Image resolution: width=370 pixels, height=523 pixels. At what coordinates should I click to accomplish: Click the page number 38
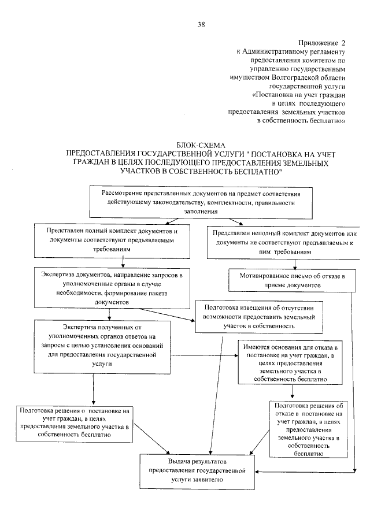pos(201,24)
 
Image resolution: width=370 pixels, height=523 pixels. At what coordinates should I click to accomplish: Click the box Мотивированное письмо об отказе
pos(293,281)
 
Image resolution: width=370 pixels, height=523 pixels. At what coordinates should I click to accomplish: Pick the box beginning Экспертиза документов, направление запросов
pos(112,286)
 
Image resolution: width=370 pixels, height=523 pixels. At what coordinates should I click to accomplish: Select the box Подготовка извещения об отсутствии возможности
pos(259,317)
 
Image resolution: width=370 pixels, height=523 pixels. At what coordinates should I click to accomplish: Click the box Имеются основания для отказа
pos(291,362)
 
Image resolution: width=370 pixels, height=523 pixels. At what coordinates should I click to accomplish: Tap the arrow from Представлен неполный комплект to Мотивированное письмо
pos(295,263)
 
